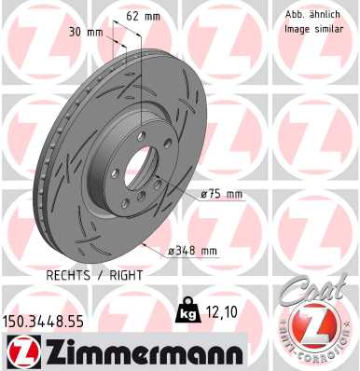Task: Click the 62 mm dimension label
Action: pyautogui.click(x=144, y=16)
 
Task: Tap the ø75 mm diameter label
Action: pyautogui.click(x=221, y=195)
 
